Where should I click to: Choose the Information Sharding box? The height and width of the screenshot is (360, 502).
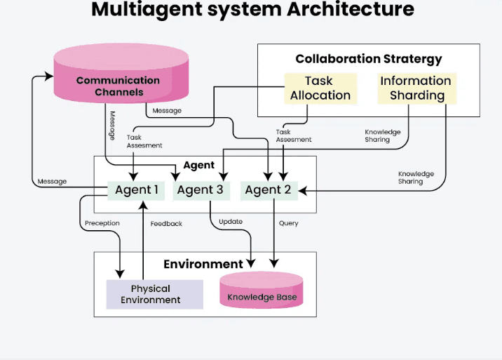(x=416, y=88)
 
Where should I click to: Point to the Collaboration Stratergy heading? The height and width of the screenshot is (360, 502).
(x=369, y=59)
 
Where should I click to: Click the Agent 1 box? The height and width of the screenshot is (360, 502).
(x=137, y=189)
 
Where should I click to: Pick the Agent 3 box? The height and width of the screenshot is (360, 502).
(x=200, y=189)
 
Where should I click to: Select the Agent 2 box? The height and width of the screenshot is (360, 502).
(x=269, y=189)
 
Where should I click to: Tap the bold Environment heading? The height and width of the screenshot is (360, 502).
(x=203, y=264)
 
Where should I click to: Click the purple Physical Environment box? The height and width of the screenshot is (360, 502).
(x=151, y=294)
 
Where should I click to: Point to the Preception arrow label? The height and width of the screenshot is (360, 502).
(x=102, y=223)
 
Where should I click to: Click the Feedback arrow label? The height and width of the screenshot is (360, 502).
(x=166, y=223)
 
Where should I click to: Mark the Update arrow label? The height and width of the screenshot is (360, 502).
(x=231, y=222)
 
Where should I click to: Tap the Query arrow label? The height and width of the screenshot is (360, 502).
(x=288, y=223)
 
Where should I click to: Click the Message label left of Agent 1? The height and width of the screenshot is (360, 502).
(x=52, y=181)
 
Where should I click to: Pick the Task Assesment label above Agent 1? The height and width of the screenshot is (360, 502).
(x=144, y=141)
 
